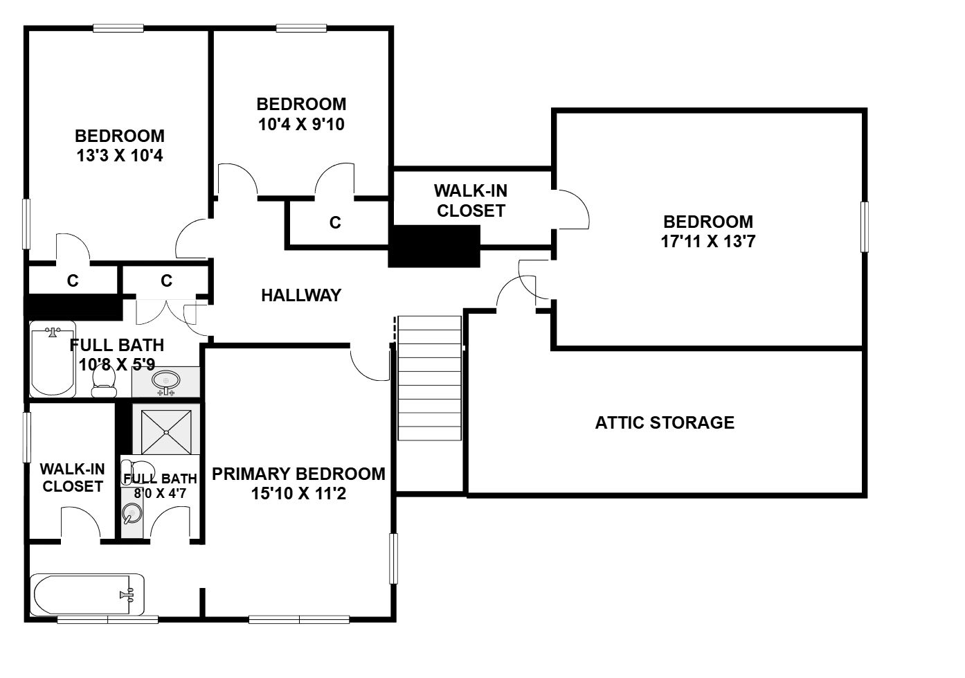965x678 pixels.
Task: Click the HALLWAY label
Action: [x=301, y=295]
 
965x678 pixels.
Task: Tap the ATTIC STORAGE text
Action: [x=665, y=422]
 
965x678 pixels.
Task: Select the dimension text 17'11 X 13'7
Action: [x=708, y=241]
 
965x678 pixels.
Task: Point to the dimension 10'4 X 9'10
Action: [x=301, y=124]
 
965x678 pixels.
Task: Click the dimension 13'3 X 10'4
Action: [x=120, y=155]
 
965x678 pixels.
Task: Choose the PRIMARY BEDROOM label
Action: [x=298, y=474]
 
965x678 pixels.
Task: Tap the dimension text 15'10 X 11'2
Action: [x=298, y=493]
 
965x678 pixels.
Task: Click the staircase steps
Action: [x=429, y=378]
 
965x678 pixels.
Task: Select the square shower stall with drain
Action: [x=166, y=432]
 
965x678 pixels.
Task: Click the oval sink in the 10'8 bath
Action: [x=166, y=381]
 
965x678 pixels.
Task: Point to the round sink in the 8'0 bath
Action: [x=132, y=513]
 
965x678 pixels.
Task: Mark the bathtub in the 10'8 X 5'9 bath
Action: [x=53, y=359]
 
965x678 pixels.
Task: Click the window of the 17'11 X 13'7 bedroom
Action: [x=864, y=226]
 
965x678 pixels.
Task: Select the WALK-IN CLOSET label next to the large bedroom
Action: [x=471, y=201]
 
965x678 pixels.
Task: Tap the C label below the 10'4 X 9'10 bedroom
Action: [x=335, y=222]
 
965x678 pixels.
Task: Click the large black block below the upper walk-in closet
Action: [x=434, y=246]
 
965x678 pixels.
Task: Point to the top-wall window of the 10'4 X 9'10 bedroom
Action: [x=301, y=28]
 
